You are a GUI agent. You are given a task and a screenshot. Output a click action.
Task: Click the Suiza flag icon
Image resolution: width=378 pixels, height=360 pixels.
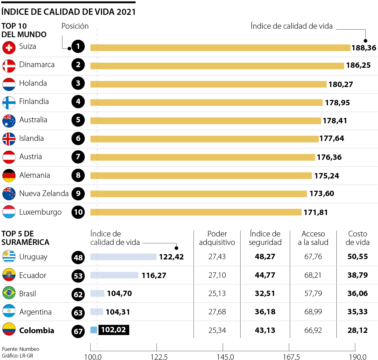(x=9, y=48)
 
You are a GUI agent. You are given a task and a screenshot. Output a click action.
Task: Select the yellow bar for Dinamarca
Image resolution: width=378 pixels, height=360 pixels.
(x=217, y=66)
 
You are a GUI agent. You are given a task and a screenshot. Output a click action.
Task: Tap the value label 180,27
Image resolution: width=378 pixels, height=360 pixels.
(x=341, y=84)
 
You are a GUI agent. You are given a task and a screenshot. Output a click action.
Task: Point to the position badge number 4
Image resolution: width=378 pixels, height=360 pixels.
(x=78, y=102)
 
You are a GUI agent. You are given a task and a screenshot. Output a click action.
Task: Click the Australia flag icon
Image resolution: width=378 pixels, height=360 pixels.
(x=9, y=121)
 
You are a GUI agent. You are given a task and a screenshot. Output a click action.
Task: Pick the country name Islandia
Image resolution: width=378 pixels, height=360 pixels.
(x=31, y=138)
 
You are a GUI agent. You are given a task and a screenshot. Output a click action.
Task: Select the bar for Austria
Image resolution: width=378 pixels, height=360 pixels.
(x=203, y=157)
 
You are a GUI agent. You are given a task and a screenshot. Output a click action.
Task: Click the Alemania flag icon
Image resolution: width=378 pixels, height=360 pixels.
(x=9, y=176)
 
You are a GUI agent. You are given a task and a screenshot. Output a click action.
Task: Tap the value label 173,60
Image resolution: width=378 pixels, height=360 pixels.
(x=322, y=194)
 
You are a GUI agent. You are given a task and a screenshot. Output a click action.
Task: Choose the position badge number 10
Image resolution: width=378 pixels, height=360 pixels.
(x=78, y=212)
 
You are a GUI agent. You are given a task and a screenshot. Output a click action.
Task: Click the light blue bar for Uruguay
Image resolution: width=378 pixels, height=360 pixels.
(x=123, y=257)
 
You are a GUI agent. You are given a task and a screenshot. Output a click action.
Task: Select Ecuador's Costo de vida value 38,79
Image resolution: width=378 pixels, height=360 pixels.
(x=358, y=275)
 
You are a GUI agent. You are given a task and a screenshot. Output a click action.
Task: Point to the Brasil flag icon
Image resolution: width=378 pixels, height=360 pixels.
(x=9, y=293)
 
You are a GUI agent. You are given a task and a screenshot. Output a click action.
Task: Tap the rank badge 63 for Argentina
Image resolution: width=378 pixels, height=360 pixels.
(x=78, y=313)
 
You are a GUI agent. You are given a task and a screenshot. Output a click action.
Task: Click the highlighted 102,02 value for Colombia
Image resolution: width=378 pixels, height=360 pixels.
(x=113, y=330)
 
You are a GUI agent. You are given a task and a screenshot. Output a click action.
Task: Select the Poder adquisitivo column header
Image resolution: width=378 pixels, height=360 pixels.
(x=217, y=238)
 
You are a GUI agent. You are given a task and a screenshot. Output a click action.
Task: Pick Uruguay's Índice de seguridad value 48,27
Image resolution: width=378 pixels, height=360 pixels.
(x=265, y=257)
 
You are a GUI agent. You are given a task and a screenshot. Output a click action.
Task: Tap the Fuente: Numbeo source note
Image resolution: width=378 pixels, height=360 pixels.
(x=21, y=349)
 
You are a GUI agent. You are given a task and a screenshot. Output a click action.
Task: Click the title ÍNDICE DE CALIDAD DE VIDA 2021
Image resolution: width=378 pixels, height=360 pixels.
(x=69, y=12)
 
